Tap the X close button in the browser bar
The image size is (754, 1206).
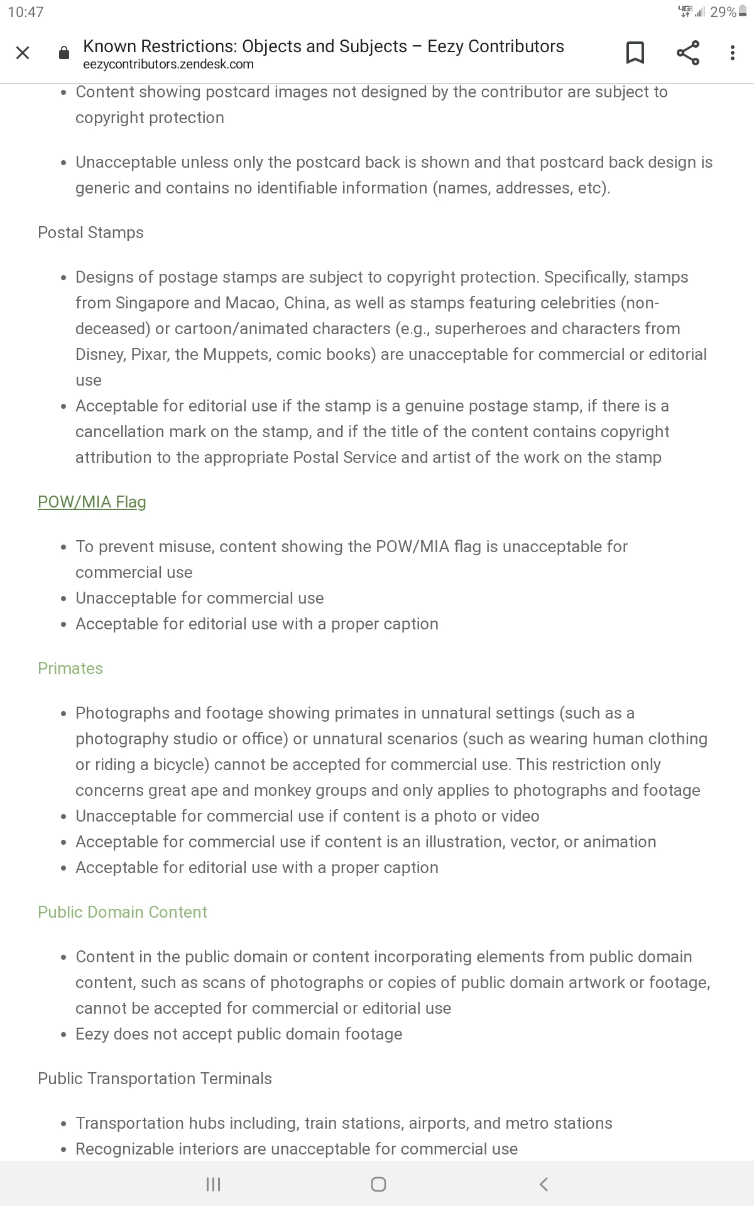coord(23,53)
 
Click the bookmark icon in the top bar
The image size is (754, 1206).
coord(635,53)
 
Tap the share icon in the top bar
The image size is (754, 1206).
coord(688,53)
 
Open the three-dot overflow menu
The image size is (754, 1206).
coord(732,53)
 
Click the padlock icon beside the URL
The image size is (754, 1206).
coord(63,53)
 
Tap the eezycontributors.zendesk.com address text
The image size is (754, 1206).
coord(168,64)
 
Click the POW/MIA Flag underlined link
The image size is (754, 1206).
coord(92,502)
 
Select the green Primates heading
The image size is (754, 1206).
coord(70,668)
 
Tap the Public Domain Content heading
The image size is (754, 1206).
coord(123,912)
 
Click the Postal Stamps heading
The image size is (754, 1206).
coord(90,232)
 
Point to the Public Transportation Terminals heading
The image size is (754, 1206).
coord(155,1078)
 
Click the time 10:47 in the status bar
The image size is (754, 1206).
coord(26,12)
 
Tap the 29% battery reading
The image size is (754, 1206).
coord(723,12)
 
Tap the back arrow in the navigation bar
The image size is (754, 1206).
coord(544,1184)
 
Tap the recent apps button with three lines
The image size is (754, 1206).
coord(213,1184)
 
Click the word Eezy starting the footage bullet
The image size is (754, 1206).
coord(92,1034)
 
